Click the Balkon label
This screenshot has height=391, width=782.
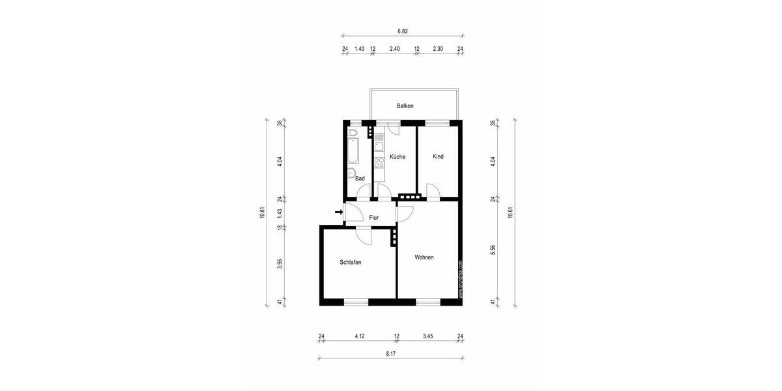pos(405,106)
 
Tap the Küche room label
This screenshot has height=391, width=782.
pos(398,156)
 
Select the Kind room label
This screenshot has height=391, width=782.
pos(438,156)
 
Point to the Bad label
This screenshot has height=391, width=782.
pos(360,178)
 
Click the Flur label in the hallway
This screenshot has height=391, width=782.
pos(374,218)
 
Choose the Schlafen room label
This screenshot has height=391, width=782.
pos(351,262)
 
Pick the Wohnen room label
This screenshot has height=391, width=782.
pos(424,257)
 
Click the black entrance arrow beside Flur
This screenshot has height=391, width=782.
pos(338,212)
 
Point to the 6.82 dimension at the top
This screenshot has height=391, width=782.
pos(402,31)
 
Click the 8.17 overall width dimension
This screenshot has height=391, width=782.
pos(390,353)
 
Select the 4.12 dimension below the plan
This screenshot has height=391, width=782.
pos(359,336)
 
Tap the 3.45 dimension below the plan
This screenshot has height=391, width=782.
pos(427,336)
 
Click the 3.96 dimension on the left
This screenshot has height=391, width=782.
pos(280,264)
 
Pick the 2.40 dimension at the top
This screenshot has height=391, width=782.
pos(394,49)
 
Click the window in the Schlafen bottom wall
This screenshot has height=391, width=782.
pos(356,302)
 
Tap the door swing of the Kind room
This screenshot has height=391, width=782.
pos(432,191)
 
